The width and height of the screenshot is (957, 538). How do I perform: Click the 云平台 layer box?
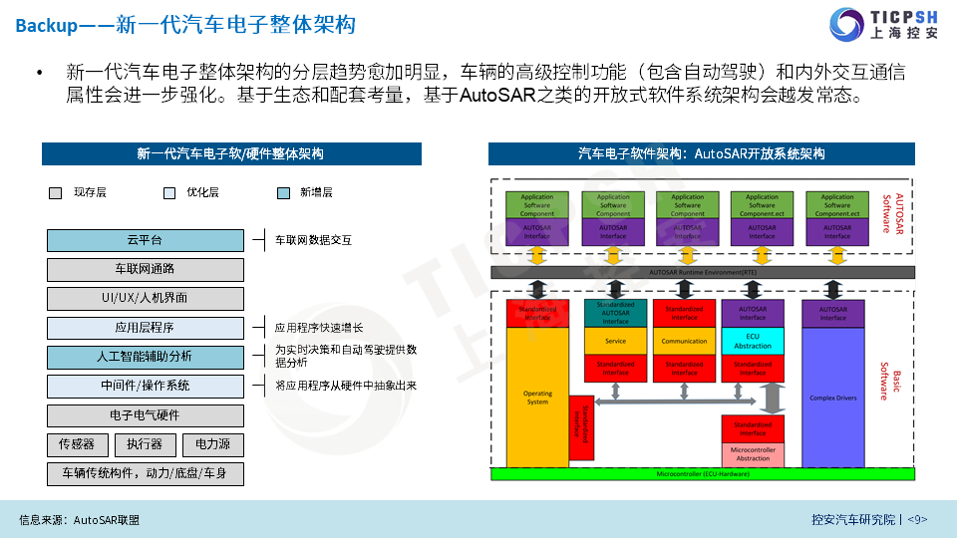(x=145, y=240)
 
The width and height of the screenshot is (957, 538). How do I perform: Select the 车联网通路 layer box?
(x=145, y=269)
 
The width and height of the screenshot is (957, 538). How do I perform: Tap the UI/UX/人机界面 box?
(x=145, y=298)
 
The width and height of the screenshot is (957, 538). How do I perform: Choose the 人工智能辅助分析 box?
(x=145, y=356)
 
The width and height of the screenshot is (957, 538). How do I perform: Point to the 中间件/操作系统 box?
(x=145, y=386)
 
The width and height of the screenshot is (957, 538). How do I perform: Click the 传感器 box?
(x=77, y=444)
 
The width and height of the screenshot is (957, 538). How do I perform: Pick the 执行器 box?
(x=145, y=444)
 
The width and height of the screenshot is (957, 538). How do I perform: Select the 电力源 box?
(x=212, y=444)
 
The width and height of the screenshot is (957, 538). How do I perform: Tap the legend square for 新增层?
(x=283, y=193)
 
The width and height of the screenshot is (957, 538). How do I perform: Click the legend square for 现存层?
(x=56, y=193)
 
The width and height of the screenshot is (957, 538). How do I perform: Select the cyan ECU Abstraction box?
(x=753, y=340)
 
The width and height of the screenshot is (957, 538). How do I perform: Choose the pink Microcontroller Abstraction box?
(x=753, y=454)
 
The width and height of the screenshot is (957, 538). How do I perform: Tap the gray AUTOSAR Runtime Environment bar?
(x=704, y=271)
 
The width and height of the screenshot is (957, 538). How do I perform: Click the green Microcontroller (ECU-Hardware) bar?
(x=704, y=474)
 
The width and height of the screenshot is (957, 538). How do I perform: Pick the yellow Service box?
(x=615, y=341)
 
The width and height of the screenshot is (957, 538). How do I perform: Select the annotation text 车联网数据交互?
(x=313, y=240)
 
